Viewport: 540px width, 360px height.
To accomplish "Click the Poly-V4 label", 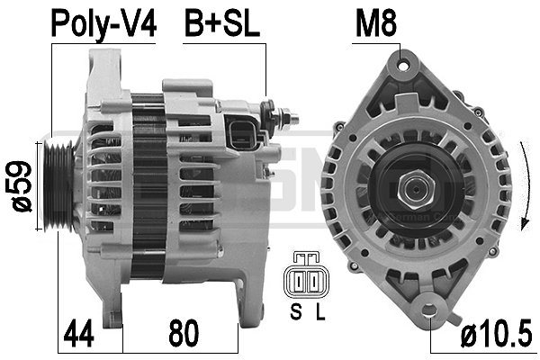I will pyautogui.click(x=103, y=24).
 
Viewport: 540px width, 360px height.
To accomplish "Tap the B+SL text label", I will pyautogui.click(x=222, y=24).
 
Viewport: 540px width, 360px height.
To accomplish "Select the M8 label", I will pyautogui.click(x=375, y=24).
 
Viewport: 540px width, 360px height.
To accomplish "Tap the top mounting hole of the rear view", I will pyautogui.click(x=401, y=64).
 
